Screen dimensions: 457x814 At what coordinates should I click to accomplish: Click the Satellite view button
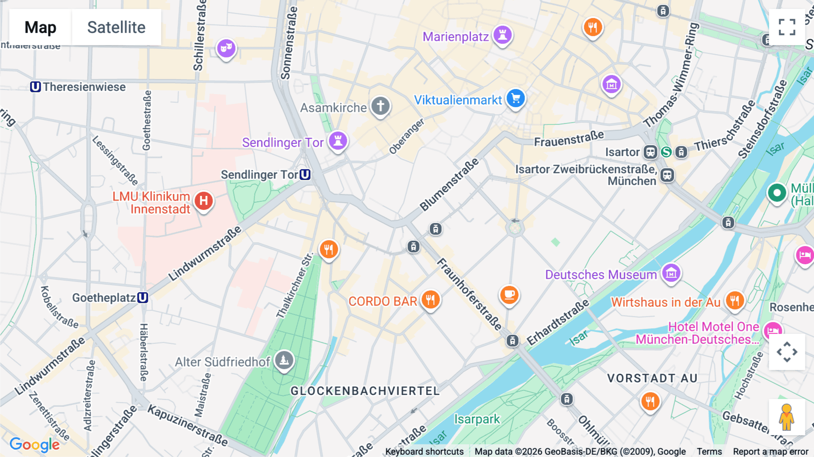click(x=116, y=27)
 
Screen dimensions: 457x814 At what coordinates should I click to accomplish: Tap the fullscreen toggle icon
click(x=787, y=27)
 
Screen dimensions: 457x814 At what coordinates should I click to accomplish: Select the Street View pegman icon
click(x=786, y=417)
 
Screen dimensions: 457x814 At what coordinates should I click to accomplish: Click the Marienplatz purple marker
click(x=502, y=35)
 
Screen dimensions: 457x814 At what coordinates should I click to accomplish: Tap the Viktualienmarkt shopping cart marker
click(x=515, y=98)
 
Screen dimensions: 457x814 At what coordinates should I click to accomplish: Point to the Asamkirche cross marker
click(x=380, y=106)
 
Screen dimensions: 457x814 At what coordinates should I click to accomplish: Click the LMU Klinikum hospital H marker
click(x=203, y=201)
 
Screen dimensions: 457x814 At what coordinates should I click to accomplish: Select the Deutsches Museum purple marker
click(x=671, y=273)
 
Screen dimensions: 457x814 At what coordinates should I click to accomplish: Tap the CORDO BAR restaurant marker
click(x=430, y=300)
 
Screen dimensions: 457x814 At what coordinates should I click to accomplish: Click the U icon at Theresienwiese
click(x=35, y=87)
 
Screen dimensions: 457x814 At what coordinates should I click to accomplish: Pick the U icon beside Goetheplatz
click(x=142, y=298)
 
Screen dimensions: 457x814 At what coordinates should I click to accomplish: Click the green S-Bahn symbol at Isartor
click(x=666, y=152)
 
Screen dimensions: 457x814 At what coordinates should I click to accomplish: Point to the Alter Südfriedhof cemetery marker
click(x=284, y=361)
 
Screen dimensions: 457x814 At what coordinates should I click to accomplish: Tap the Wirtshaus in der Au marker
click(x=734, y=301)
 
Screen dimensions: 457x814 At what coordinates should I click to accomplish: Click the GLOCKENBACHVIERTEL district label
click(x=365, y=391)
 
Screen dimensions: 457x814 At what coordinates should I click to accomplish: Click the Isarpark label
click(x=477, y=419)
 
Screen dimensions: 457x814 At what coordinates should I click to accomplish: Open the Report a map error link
click(x=770, y=452)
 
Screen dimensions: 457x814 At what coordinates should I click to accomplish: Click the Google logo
click(x=34, y=445)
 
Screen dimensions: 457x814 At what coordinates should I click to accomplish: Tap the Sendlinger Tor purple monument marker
click(x=338, y=141)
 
